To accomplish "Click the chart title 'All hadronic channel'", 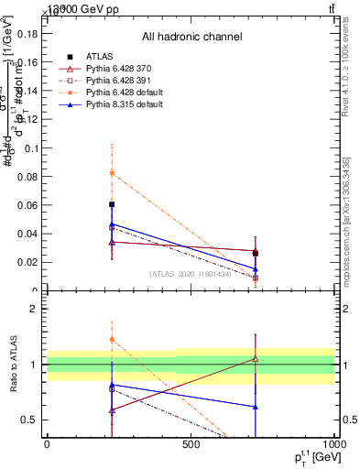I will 191,37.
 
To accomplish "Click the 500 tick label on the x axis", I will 191,444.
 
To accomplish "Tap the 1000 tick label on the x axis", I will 333,444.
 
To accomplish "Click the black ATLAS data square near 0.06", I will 112,204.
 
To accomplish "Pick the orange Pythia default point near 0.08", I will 112,173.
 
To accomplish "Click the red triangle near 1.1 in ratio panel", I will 256,359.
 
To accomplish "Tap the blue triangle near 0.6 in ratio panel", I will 256,407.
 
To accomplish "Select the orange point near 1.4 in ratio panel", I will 112,339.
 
